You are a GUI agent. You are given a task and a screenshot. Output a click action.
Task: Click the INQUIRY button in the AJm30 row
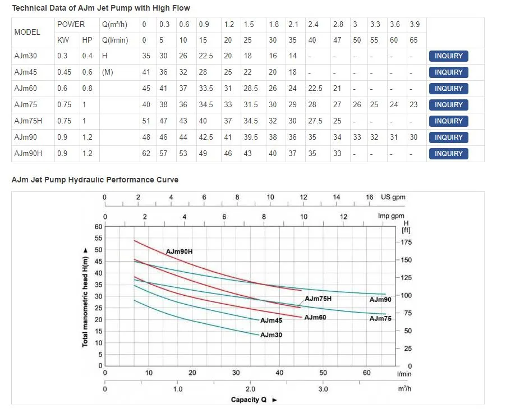[448, 56]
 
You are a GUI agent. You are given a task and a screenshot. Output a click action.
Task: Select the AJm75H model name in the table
[28, 121]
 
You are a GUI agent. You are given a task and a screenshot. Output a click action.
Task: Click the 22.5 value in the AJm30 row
[206, 56]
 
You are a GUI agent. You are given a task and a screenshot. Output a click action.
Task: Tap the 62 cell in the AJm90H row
[146, 154]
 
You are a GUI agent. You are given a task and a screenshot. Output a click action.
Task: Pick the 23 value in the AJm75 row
[413, 105]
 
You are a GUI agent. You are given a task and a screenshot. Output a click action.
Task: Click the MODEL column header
[27, 33]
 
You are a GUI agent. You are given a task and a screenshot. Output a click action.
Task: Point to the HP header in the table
[87, 40]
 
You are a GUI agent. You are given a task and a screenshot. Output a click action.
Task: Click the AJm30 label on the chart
[271, 335]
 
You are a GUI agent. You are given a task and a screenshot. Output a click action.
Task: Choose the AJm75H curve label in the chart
[318, 299]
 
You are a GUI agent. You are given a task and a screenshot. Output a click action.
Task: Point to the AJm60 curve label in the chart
[315, 318]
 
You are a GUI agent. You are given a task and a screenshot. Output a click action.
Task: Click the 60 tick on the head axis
[98, 227]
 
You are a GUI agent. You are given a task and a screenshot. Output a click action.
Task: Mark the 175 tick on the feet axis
[405, 242]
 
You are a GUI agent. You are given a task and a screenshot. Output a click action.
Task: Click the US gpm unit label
[393, 197]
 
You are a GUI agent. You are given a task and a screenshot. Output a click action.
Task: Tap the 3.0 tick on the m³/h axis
[323, 389]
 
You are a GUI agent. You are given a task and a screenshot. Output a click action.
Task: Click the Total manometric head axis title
[85, 297]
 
